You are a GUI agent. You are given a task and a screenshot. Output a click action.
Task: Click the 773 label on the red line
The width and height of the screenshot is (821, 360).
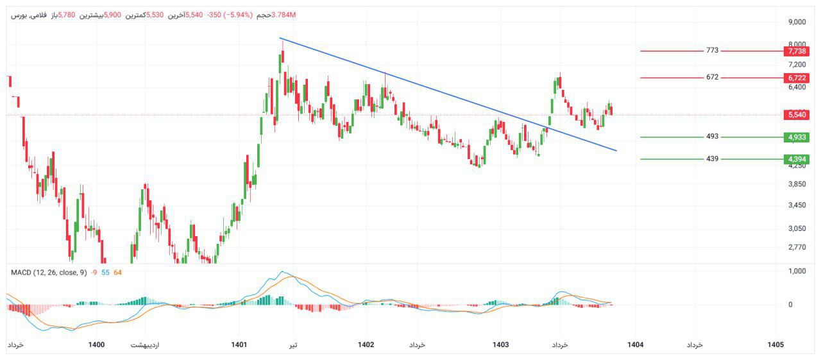[712, 51]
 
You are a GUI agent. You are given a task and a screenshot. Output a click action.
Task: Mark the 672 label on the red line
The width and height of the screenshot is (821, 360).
[712, 78]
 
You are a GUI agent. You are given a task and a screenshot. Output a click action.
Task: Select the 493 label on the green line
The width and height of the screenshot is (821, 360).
[712, 137]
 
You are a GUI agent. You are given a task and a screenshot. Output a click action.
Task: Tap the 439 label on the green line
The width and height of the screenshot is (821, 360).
[712, 159]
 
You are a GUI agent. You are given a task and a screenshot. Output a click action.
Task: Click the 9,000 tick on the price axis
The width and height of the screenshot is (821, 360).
[797, 22]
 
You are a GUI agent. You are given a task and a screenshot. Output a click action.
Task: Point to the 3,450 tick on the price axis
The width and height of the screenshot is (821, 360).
[797, 205]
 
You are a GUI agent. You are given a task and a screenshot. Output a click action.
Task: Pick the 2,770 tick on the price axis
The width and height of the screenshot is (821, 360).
[797, 247]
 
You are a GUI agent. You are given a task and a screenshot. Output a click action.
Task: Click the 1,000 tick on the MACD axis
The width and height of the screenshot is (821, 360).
[797, 271]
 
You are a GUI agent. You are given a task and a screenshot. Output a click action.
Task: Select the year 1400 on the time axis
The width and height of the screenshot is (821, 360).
[96, 345]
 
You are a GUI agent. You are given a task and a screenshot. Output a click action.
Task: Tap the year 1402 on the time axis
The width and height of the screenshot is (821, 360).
[366, 345]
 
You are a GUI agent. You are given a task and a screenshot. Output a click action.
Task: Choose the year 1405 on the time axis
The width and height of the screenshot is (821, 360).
[775, 345]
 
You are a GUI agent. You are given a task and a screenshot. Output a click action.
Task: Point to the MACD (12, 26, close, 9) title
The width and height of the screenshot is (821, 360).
[49, 273]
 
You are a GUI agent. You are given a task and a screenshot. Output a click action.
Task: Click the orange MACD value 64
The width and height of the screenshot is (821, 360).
[117, 273]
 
